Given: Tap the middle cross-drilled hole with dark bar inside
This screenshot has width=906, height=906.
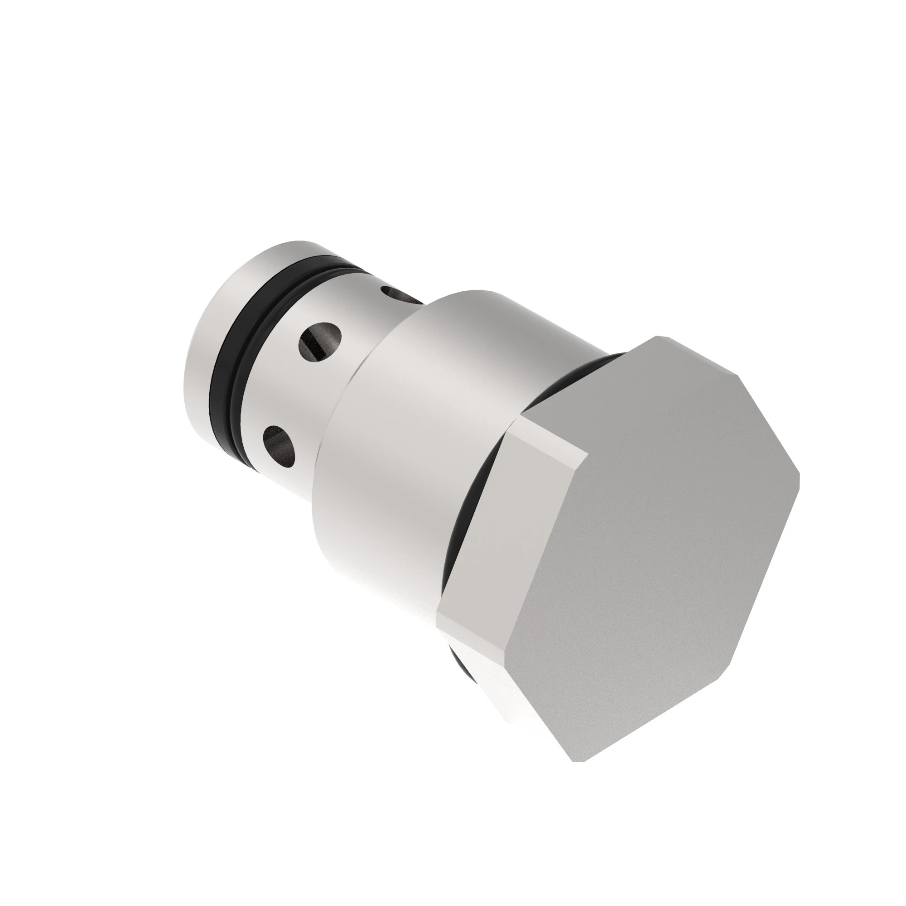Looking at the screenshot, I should point(320,341).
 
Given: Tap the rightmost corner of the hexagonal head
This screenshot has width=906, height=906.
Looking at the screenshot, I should point(799,474).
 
